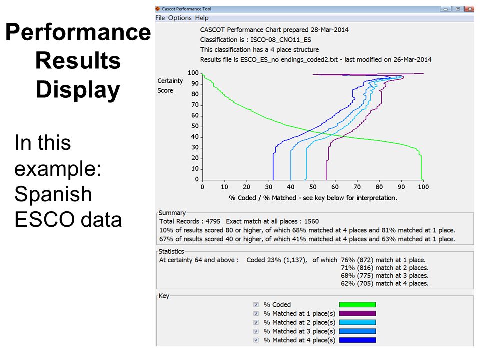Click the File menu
coord(160,18)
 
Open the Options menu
coord(180,18)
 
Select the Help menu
coord(202,18)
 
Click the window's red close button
coord(469,9)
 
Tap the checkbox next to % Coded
coord(256,305)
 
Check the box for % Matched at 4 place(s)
coord(256,340)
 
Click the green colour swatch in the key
coord(357,305)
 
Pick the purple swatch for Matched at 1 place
coord(357,314)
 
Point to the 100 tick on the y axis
coord(193,73)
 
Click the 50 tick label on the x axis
coord(313,187)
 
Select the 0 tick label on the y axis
coord(197,179)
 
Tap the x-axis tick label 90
coord(401,187)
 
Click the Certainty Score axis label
coord(170,86)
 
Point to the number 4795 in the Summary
coord(213,221)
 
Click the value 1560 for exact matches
coord(311,221)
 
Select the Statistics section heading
coord(171,251)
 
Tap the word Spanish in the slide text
coord(53,194)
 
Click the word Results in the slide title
coord(78,60)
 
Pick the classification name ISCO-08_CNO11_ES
coord(281,40)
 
